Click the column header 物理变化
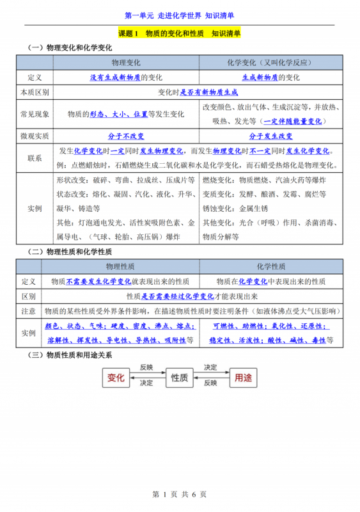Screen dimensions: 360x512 (126, 63)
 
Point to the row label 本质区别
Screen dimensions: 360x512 (35, 92)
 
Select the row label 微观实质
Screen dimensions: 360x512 (35, 136)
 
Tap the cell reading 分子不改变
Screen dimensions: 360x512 (126, 136)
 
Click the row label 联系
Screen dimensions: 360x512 (35, 157)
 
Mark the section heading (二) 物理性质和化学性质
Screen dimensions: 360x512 (70, 252)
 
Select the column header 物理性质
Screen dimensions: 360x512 (126, 266)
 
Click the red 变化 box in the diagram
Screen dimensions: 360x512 (116, 378)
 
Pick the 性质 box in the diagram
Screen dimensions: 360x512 (180, 378)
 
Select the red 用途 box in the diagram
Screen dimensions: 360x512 (244, 378)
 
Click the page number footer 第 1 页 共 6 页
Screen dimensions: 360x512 (179, 494)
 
